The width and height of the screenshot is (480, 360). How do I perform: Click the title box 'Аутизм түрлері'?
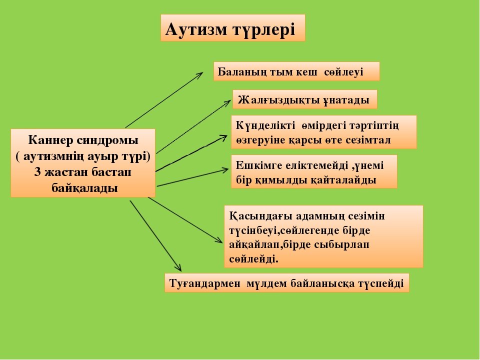[232, 27]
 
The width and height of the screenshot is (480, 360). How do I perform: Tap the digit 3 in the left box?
[37, 171]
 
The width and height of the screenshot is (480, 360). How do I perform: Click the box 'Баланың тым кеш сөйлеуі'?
[296, 71]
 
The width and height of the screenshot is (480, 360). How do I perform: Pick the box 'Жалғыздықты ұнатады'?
[304, 99]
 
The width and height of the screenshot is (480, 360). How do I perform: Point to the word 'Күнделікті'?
[265, 125]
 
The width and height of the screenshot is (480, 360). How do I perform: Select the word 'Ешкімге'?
[259, 165]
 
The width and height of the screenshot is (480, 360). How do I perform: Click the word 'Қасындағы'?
[261, 216]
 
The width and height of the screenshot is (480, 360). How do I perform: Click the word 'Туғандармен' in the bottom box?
[204, 283]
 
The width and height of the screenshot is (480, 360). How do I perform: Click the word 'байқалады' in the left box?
[84, 187]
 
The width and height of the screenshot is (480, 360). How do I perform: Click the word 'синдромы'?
[107, 140]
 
